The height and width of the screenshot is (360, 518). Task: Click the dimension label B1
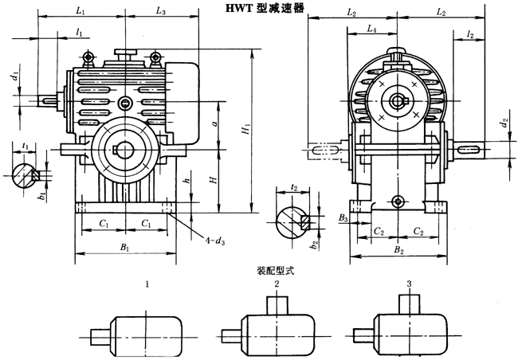point(124,248)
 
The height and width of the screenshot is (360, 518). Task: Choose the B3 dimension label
point(343,217)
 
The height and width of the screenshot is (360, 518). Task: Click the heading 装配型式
point(270,271)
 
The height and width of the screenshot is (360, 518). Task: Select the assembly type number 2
point(277,284)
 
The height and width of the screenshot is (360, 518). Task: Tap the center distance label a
point(216,125)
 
